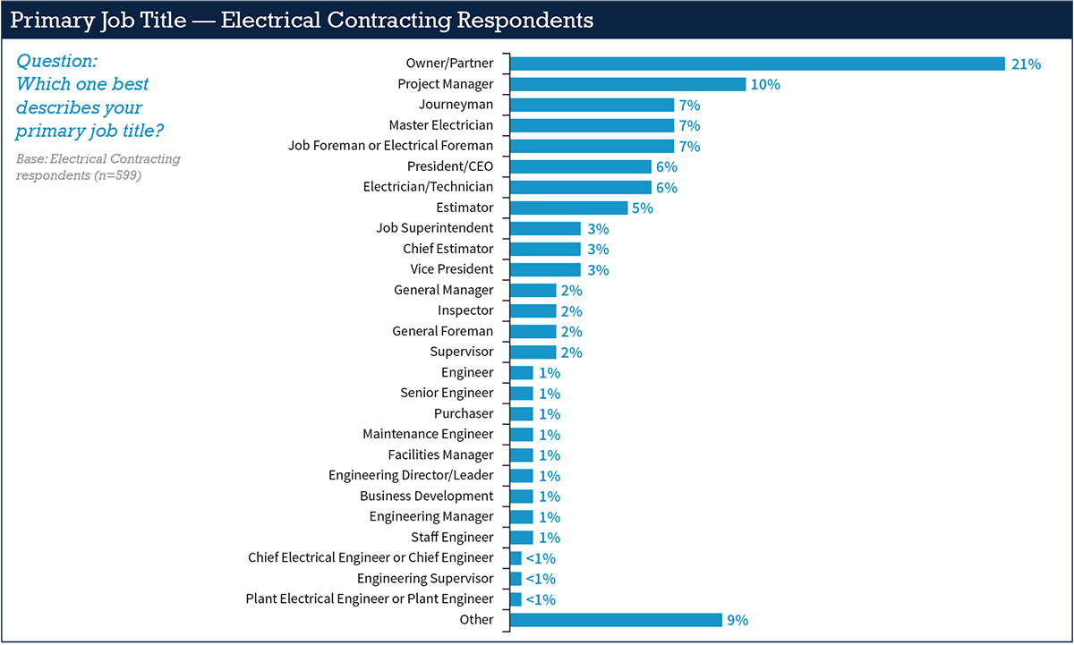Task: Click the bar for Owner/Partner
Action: click(x=757, y=64)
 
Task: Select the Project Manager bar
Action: click(x=627, y=84)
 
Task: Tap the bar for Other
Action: click(x=616, y=620)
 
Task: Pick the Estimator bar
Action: click(x=568, y=208)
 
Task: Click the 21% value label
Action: click(x=1026, y=64)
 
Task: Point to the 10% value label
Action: click(x=766, y=85)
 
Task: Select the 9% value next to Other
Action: click(x=737, y=620)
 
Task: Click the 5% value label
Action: click(x=643, y=208)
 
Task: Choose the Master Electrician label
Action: click(x=440, y=125)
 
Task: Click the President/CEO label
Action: click(x=449, y=166)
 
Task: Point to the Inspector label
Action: click(x=465, y=310)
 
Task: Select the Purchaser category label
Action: click(x=464, y=413)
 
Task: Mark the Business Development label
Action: click(x=426, y=496)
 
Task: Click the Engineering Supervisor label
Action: click(x=425, y=578)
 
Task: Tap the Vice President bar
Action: click(x=545, y=269)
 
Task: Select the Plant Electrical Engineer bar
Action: click(x=516, y=598)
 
